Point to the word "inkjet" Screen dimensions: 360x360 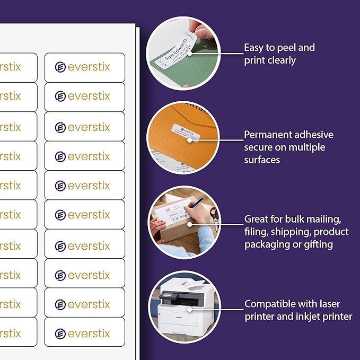point(308,317)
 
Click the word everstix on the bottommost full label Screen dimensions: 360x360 point(89,333)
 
